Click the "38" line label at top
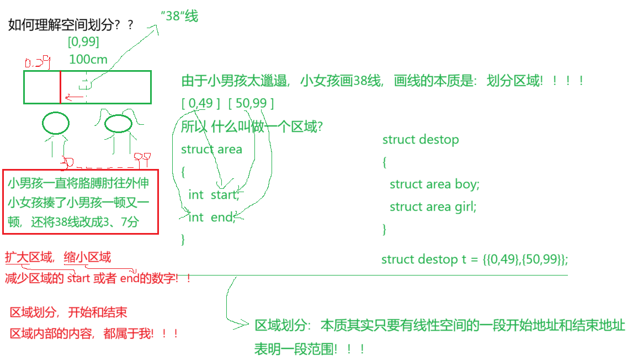click(179, 16)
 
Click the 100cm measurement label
click(88, 59)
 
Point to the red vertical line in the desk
click(60, 87)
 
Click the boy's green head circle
click(56, 123)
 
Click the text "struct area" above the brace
click(211, 149)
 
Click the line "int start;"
click(214, 194)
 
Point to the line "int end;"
click(212, 217)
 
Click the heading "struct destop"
click(421, 139)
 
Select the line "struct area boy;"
click(434, 184)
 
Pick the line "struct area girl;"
click(433, 207)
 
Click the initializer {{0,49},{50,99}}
click(525, 259)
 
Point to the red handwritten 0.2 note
click(38, 62)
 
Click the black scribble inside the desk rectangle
click(86, 87)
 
